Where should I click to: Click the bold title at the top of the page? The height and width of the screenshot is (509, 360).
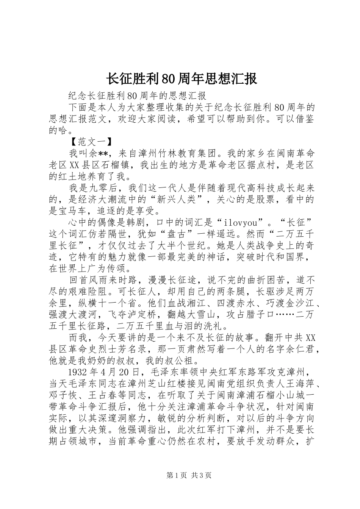180,79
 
